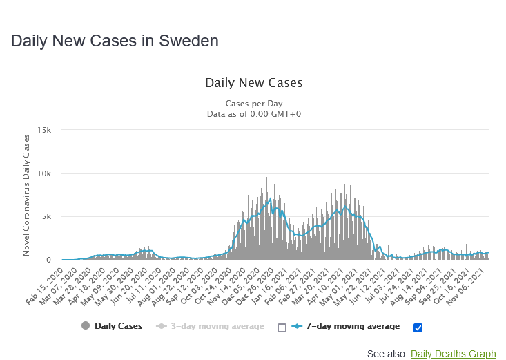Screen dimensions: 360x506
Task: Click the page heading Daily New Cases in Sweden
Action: point(115,41)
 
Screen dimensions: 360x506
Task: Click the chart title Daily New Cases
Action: point(253,83)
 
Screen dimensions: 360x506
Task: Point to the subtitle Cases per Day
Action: point(253,103)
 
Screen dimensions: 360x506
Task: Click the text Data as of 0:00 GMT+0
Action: point(253,113)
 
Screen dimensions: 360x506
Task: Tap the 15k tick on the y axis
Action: point(45,130)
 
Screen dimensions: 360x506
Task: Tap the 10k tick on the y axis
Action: point(45,173)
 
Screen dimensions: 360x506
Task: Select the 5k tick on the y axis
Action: point(47,217)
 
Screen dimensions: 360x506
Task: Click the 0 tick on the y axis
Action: point(48,260)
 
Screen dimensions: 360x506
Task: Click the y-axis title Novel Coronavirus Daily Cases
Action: point(27,195)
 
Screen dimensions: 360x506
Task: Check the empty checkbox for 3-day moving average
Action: point(282,328)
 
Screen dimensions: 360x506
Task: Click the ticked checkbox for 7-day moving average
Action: point(418,328)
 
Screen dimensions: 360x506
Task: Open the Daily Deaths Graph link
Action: point(453,354)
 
